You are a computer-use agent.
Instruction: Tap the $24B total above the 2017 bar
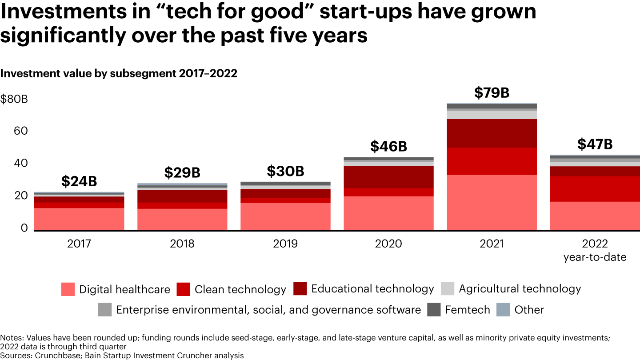(79, 181)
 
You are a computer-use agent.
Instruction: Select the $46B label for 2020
(388, 146)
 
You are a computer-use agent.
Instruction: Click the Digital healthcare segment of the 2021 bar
(492, 202)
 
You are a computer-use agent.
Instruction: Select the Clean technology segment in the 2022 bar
(595, 189)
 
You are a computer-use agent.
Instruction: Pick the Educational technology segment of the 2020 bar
(388, 177)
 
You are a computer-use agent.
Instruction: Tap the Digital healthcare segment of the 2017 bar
(79, 219)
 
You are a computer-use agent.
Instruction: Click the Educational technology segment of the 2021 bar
(492, 133)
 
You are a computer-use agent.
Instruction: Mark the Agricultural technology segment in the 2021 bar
(492, 115)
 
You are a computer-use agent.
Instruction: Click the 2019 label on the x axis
(285, 244)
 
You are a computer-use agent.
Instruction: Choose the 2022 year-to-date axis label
(595, 250)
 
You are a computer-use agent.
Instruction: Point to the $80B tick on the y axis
(14, 99)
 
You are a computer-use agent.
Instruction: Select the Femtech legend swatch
(434, 310)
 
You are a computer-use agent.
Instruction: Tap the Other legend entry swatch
(503, 310)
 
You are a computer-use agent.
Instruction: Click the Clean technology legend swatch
(183, 289)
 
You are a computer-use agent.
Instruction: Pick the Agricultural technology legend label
(520, 289)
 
